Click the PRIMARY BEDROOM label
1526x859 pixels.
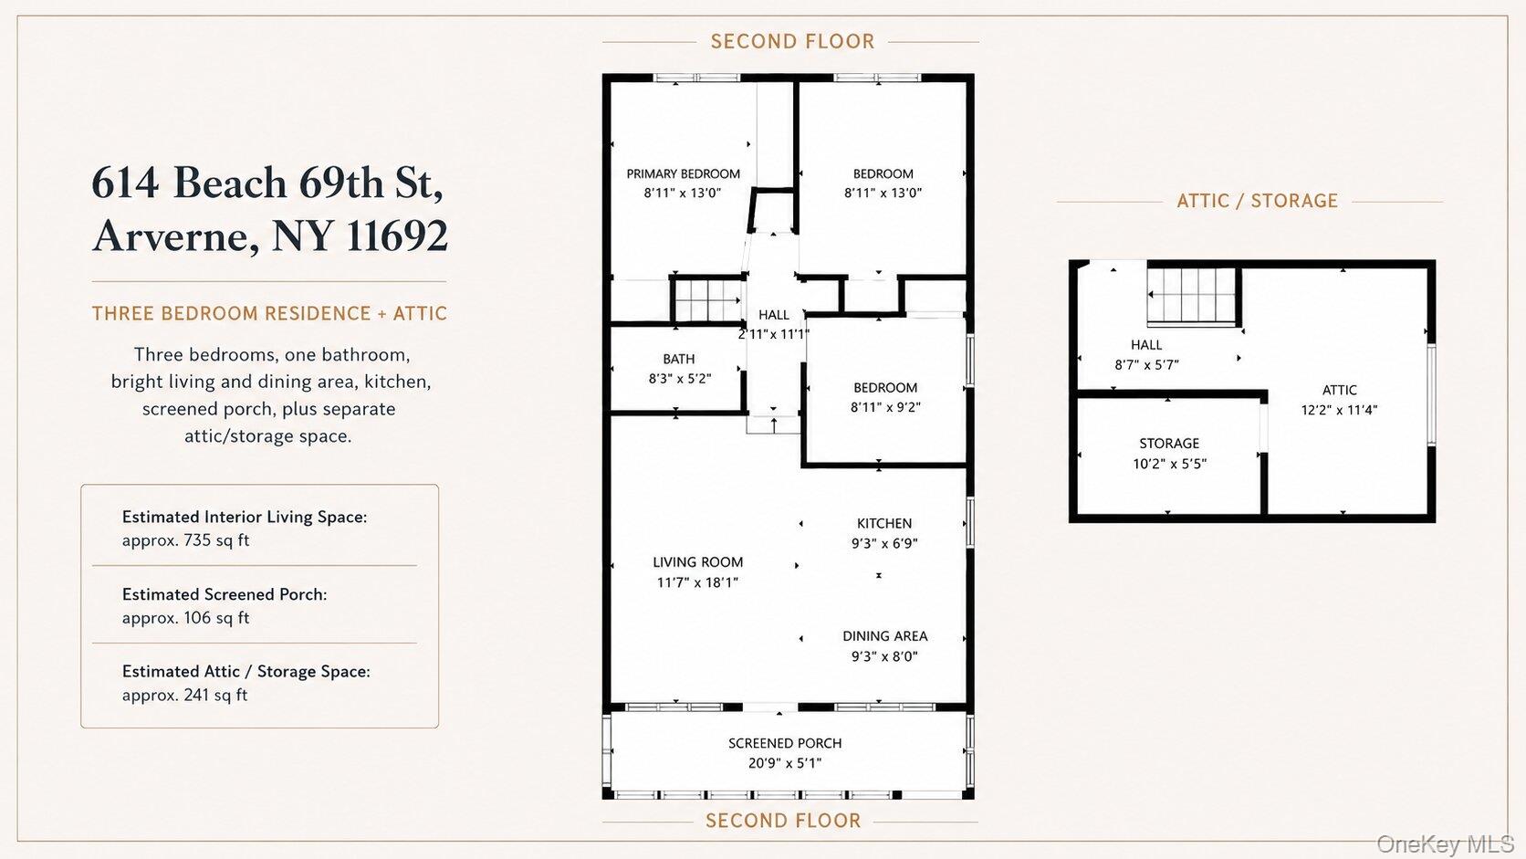click(x=683, y=173)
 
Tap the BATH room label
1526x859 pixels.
click(x=678, y=359)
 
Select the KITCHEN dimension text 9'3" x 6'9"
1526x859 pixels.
click(x=884, y=543)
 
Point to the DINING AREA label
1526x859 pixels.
click(x=884, y=636)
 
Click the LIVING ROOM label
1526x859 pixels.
click(x=697, y=562)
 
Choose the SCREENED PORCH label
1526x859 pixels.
click(x=785, y=743)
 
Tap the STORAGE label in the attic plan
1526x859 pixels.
click(x=1169, y=444)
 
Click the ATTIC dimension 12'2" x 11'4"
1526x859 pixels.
click(x=1339, y=410)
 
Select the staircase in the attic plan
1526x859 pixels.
click(x=1191, y=296)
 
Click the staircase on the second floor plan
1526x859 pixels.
click(x=708, y=299)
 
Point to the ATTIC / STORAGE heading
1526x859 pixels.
click(x=1258, y=201)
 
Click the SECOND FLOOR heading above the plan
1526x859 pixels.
click(x=792, y=42)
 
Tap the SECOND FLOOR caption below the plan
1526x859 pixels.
click(x=783, y=821)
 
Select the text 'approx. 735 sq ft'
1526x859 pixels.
click(x=185, y=540)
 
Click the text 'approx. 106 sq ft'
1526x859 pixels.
click(x=185, y=618)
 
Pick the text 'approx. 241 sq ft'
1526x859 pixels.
click(x=184, y=695)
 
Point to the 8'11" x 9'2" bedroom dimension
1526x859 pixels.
click(x=885, y=407)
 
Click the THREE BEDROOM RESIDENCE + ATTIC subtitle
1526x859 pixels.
click(x=270, y=313)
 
